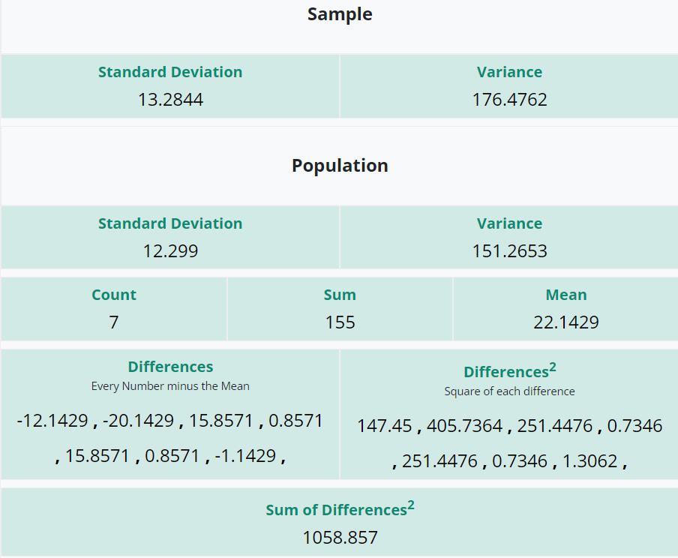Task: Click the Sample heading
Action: point(340,14)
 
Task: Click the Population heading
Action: point(340,166)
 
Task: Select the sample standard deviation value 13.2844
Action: point(170,99)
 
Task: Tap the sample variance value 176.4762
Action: point(509,99)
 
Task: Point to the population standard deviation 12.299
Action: point(170,250)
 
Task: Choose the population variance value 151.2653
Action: point(509,250)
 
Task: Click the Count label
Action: point(114,295)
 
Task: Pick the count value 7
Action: point(114,322)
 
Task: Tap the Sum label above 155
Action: point(340,295)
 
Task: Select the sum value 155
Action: point(340,322)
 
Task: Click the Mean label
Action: point(566,295)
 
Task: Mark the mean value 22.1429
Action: point(566,322)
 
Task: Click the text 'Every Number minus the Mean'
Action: point(170,386)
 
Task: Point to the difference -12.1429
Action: point(52,421)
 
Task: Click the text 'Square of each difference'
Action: point(509,391)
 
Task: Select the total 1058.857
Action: point(340,537)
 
